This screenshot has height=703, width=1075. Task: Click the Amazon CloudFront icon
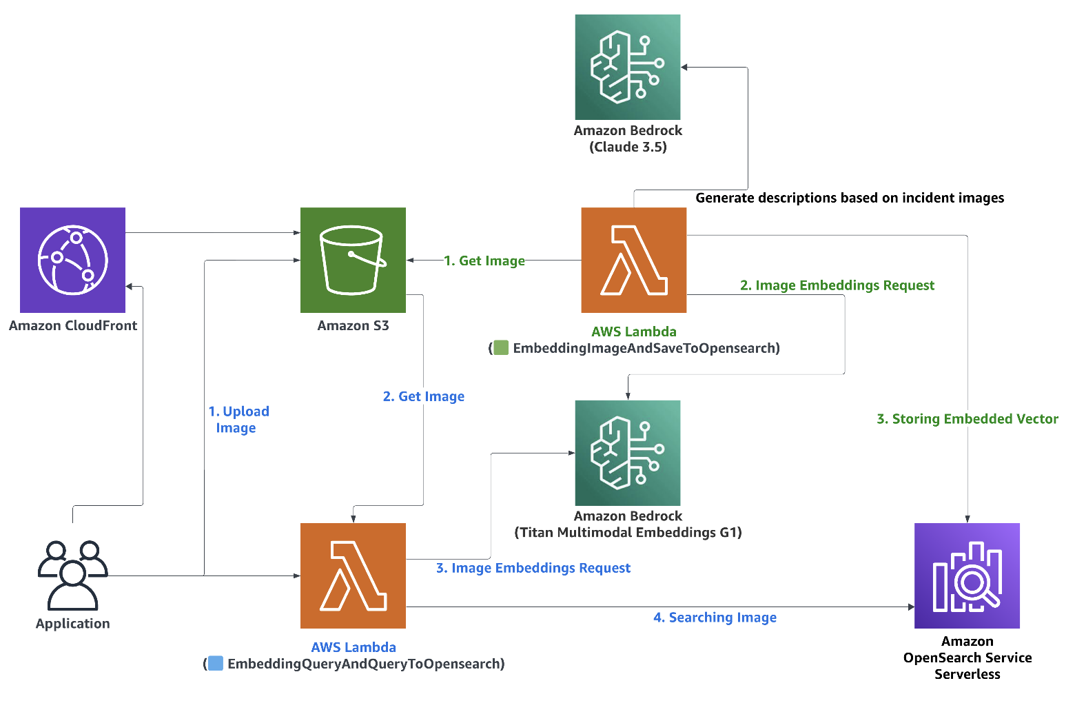(x=72, y=260)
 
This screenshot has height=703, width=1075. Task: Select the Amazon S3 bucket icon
(x=353, y=260)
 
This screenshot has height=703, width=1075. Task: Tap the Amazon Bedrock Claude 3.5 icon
(x=628, y=67)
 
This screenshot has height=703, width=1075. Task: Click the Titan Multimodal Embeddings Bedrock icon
(x=628, y=453)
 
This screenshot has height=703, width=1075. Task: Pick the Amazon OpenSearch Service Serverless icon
(x=967, y=575)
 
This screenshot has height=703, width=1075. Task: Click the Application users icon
(x=72, y=575)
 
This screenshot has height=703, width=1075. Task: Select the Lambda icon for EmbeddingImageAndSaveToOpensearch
(x=634, y=260)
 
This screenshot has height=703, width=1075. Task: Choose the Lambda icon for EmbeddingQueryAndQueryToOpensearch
(x=353, y=575)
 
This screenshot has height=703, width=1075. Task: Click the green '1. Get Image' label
(x=484, y=261)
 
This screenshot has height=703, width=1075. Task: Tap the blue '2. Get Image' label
(x=424, y=396)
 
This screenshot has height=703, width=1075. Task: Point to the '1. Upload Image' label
(x=238, y=419)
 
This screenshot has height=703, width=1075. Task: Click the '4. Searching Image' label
(x=715, y=618)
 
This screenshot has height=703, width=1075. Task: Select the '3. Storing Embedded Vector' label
(x=967, y=419)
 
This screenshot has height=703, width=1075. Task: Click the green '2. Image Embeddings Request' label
(x=837, y=285)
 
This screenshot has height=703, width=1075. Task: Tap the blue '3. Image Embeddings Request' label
(x=533, y=568)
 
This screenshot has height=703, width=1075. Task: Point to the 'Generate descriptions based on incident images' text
(x=850, y=198)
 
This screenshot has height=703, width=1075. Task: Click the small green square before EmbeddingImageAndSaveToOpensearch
(x=501, y=348)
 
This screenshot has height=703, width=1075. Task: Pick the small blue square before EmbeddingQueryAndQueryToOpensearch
(x=216, y=664)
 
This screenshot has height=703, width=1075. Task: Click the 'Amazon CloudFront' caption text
(x=73, y=325)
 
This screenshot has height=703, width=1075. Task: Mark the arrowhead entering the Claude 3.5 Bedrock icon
(x=684, y=67)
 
